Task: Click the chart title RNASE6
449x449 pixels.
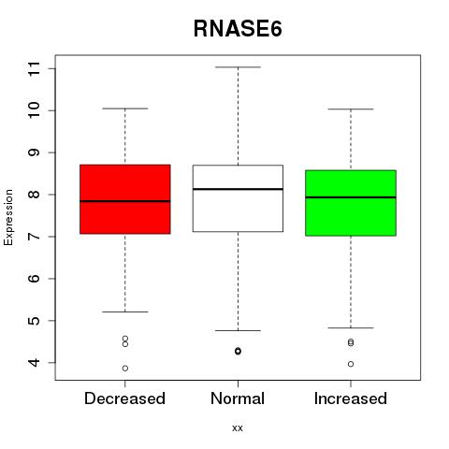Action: click(x=238, y=29)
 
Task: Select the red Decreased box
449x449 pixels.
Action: click(x=125, y=199)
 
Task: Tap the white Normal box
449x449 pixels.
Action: click(x=238, y=198)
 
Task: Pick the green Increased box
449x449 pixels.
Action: click(x=351, y=203)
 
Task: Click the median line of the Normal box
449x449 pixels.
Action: click(x=238, y=189)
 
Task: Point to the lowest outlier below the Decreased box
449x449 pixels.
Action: click(x=125, y=369)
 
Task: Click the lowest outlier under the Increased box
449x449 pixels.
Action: click(x=351, y=364)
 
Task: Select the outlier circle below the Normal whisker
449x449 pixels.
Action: click(x=238, y=351)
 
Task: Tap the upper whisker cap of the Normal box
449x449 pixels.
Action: click(x=238, y=67)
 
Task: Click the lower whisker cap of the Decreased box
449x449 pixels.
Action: click(x=125, y=311)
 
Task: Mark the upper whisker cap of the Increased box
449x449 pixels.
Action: click(x=351, y=109)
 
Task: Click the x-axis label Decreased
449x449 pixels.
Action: click(x=124, y=398)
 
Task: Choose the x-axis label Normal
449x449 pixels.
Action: click(x=238, y=398)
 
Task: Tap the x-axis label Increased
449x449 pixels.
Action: click(x=351, y=398)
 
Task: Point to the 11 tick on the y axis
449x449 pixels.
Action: click(x=35, y=68)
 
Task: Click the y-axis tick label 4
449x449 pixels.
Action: click(x=35, y=362)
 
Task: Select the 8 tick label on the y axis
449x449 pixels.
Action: click(x=35, y=195)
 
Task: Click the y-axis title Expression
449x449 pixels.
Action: click(x=8, y=217)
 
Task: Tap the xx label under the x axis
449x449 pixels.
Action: click(x=238, y=428)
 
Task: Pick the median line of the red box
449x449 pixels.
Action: click(x=125, y=201)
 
